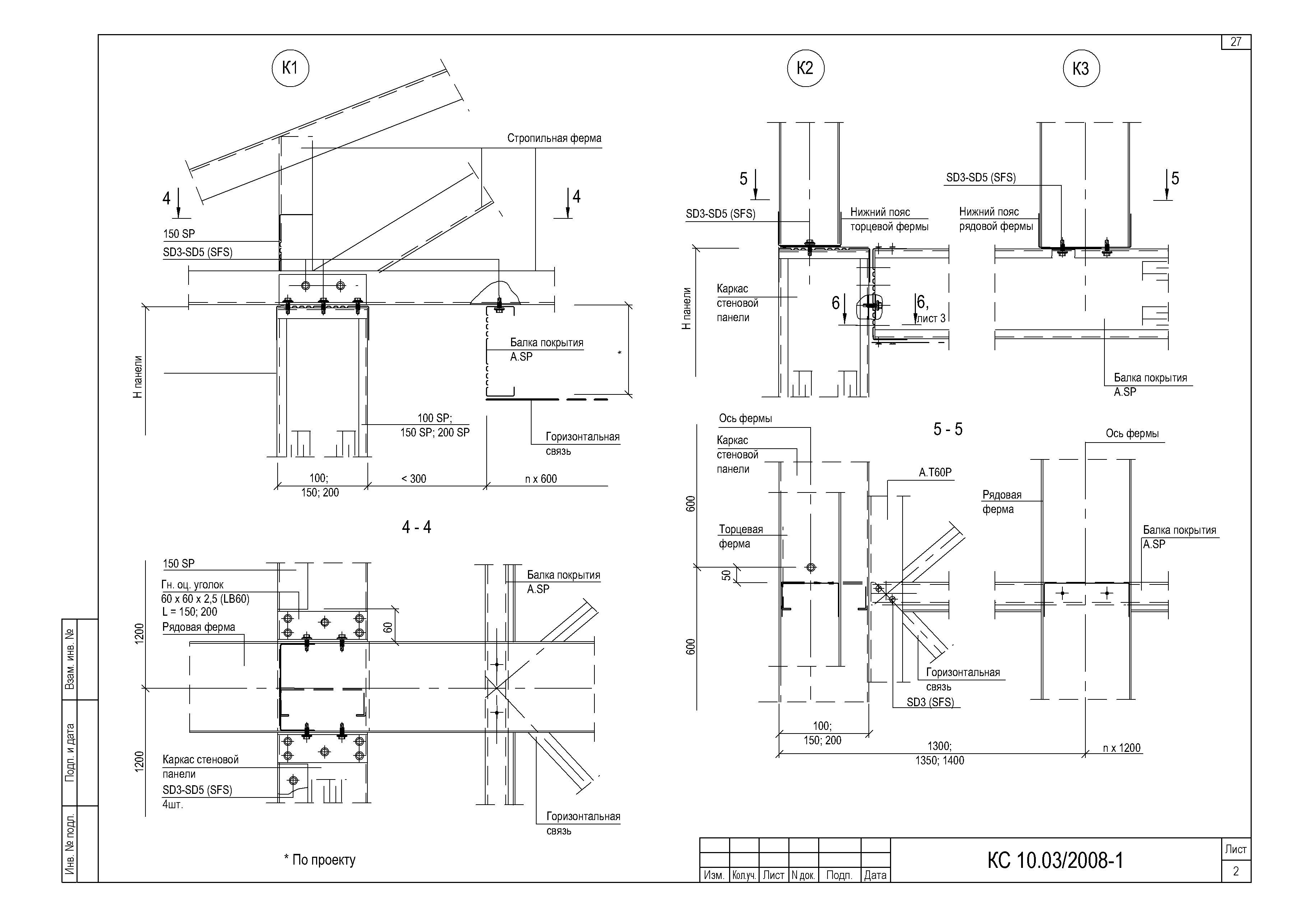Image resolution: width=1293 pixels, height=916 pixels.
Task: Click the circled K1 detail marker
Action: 291,68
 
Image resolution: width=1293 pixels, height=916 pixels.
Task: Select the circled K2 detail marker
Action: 806,68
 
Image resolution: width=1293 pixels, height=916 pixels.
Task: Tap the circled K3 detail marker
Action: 1081,68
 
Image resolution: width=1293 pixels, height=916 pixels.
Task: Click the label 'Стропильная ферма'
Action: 554,138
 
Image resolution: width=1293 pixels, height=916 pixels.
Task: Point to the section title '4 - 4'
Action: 417,527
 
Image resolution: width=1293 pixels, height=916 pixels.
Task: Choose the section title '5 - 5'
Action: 948,429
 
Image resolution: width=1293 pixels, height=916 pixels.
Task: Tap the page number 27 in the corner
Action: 1236,42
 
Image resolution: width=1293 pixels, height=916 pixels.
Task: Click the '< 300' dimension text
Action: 414,479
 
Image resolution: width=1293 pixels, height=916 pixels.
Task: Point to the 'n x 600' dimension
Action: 541,479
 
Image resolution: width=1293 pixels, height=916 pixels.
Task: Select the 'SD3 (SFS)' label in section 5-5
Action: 930,702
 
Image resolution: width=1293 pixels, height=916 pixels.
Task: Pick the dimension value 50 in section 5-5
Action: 727,575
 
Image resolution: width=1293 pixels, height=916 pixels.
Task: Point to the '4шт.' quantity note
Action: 172,804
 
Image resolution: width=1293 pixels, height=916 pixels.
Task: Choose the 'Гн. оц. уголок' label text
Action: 192,585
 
